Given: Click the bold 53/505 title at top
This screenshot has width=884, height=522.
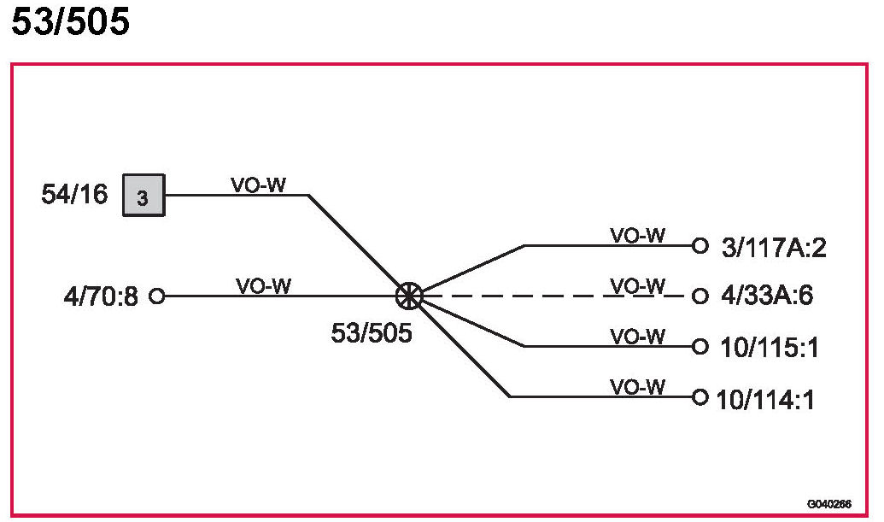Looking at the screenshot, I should click(70, 22).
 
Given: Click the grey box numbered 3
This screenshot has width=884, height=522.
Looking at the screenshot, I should click(143, 196).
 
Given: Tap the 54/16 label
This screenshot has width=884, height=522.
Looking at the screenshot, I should click(75, 195).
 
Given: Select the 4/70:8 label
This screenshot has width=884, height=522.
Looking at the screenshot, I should click(100, 297).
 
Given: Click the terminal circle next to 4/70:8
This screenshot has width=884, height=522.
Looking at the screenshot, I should click(156, 296).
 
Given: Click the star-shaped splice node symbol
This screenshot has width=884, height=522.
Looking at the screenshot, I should click(410, 296).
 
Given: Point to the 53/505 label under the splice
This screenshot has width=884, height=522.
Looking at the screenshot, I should click(372, 333).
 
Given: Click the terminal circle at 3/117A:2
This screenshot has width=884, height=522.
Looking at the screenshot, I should click(700, 246).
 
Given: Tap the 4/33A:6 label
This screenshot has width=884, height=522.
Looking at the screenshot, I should click(766, 297).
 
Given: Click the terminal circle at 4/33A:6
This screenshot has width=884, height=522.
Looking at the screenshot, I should click(700, 296).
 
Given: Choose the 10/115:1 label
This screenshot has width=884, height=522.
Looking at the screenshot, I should click(768, 349).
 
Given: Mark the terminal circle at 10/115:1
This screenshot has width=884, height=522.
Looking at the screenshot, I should click(700, 347).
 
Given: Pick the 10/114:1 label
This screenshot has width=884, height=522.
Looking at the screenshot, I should click(765, 399).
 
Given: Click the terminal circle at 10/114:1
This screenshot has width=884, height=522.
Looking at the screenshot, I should click(700, 397).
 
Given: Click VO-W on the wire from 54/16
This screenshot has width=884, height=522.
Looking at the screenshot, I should click(258, 185).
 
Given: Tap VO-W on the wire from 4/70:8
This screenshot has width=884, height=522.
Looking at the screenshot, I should click(263, 287).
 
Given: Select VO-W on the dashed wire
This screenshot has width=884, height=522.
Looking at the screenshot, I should click(637, 286).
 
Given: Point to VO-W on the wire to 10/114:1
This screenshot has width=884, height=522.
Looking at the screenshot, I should click(637, 387).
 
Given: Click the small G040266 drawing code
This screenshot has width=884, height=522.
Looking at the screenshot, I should click(828, 505).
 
